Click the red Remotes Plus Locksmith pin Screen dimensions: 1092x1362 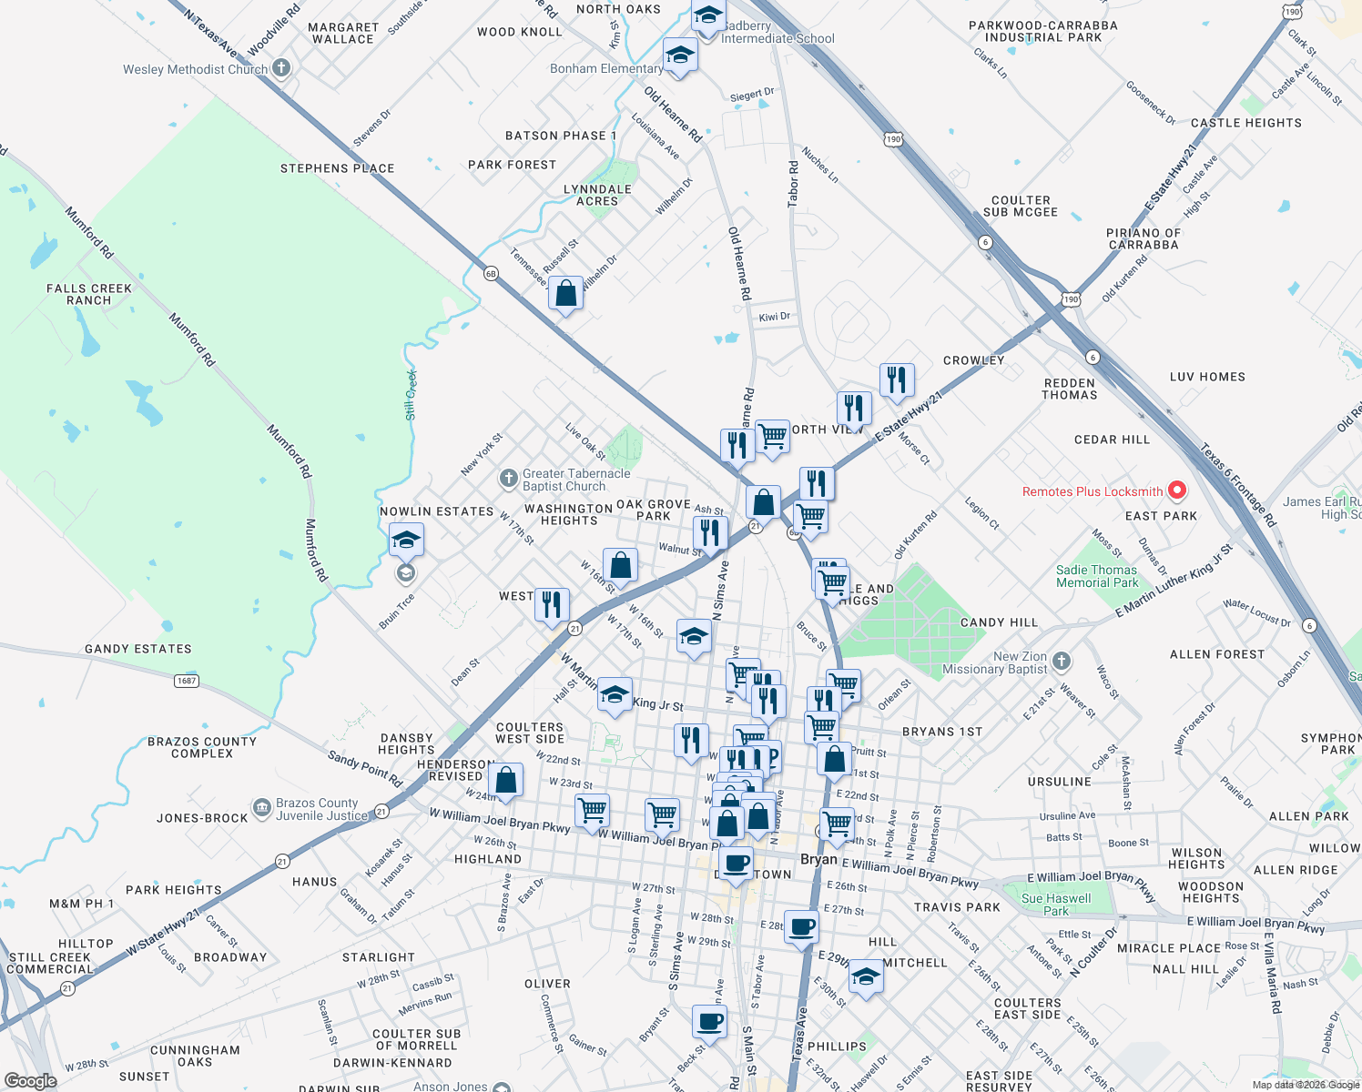click(x=1176, y=491)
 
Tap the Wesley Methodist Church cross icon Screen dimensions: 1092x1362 click(x=282, y=68)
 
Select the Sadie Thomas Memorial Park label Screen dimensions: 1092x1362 click(x=1097, y=576)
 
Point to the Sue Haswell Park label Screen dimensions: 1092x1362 click(x=1056, y=905)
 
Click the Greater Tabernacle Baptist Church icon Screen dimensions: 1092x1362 click(x=509, y=478)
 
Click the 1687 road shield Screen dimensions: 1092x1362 click(x=187, y=681)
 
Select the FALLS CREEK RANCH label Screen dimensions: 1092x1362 click(x=89, y=294)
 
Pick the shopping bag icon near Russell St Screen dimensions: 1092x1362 click(x=565, y=294)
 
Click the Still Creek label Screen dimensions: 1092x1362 click(x=411, y=395)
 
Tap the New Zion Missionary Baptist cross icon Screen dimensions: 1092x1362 click(x=1062, y=661)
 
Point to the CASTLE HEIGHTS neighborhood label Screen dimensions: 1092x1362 click(x=1245, y=123)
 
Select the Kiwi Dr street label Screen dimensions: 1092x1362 click(x=774, y=317)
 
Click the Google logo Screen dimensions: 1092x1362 click(x=30, y=1081)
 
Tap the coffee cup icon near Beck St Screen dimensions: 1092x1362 click(x=709, y=1022)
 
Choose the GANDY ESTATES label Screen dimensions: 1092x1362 click(x=138, y=649)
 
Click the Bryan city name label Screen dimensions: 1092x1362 click(x=818, y=859)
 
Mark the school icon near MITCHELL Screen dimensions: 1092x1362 click(x=865, y=977)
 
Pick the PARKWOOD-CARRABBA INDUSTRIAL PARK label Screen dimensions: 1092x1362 click(x=1042, y=32)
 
